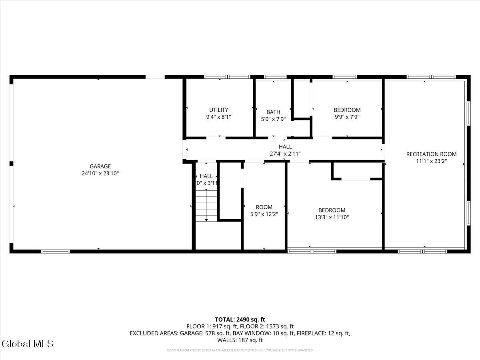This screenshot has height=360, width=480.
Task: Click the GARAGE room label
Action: point(100,166)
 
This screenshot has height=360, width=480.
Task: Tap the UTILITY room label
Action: point(219,110)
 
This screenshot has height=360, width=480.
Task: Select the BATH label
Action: point(273,112)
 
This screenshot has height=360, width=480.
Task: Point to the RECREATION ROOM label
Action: point(431,154)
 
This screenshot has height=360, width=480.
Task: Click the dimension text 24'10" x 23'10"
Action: point(100,174)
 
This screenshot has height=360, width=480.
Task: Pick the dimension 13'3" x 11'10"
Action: point(332,218)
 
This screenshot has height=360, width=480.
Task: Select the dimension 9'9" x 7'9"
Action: point(347,117)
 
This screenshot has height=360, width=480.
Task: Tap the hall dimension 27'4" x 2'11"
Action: point(285,154)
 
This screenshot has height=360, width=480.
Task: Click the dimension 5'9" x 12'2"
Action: point(264,214)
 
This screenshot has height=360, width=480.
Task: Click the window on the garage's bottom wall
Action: point(55,252)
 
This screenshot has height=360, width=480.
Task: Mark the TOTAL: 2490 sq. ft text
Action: point(240,319)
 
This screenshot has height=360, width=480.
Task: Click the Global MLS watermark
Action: point(27,344)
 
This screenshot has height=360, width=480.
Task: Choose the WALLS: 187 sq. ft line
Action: point(240,340)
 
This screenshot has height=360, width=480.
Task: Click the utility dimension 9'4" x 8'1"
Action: point(219,117)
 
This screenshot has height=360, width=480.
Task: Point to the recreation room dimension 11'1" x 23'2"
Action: point(431,161)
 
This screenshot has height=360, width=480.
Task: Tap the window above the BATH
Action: point(275,77)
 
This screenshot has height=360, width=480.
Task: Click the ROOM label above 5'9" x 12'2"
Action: point(264,207)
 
